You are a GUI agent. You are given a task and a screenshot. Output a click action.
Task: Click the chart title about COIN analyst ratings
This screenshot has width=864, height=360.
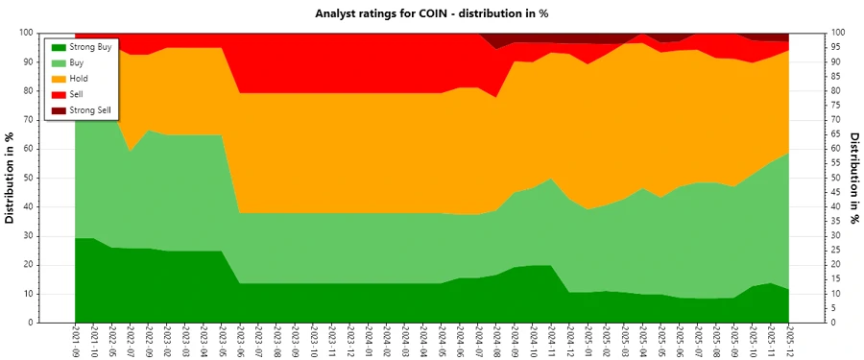coord(431,13)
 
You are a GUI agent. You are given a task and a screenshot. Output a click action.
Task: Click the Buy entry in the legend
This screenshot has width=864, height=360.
coord(79,62)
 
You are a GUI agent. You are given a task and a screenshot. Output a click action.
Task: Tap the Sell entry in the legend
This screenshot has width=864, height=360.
coord(78,95)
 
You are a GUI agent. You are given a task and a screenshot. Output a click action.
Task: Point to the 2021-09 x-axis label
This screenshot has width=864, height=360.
coord(75,341)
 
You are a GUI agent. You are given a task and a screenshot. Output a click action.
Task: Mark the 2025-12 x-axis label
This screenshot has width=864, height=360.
coord(788,341)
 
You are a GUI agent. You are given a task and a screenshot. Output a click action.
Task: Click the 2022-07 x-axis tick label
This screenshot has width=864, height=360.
coord(130,341)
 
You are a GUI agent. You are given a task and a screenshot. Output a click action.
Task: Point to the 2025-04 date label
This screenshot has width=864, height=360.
coord(642,341)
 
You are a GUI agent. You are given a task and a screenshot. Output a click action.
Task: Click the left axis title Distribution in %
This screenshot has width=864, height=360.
coord(11,178)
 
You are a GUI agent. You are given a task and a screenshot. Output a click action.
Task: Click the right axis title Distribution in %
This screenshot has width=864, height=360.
coord(854,178)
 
